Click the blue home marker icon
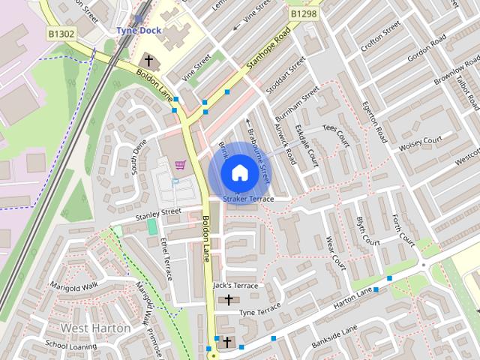[x=238, y=172]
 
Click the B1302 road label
[x=61, y=33]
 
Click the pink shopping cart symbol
[x=179, y=164]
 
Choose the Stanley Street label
[x=158, y=214]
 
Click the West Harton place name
[x=95, y=328]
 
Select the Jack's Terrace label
[x=235, y=286]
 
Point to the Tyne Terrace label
[x=259, y=310]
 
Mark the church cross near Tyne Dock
[x=148, y=60]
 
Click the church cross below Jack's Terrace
[x=228, y=300]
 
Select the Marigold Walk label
[x=74, y=286]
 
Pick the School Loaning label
[x=70, y=346]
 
